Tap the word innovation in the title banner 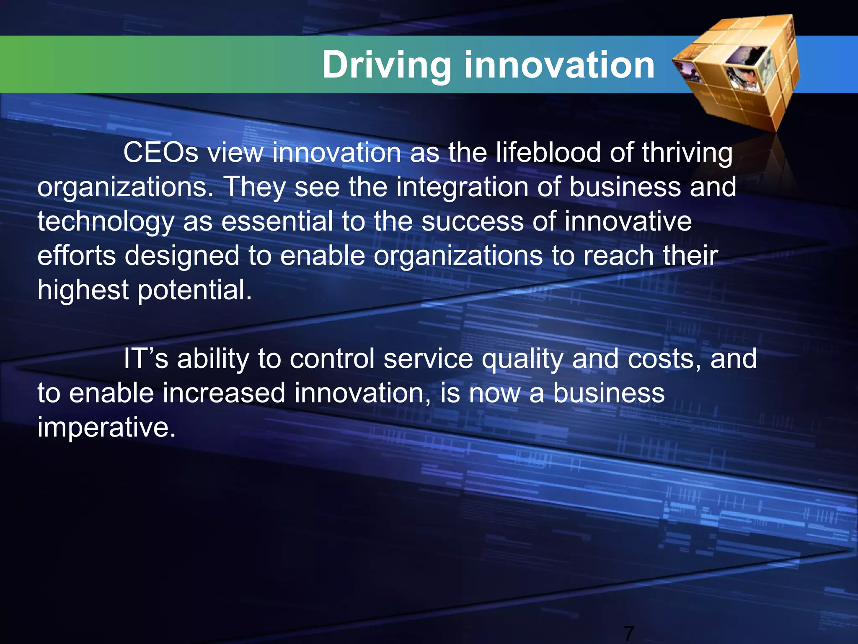559,65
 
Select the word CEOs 160,153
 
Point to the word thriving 687,153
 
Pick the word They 256,187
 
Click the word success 473,222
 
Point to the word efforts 77,256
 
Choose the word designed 182,257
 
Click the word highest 83,291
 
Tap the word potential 195,291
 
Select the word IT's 145,359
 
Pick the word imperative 106,428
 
